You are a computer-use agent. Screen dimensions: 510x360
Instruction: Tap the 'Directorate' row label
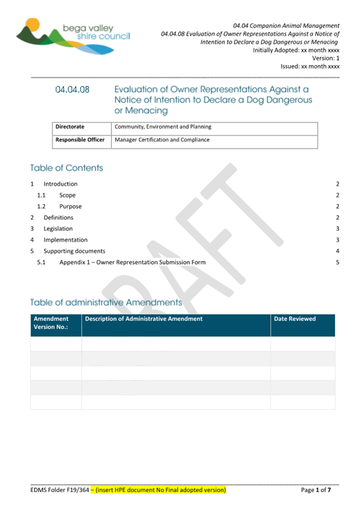click(70, 127)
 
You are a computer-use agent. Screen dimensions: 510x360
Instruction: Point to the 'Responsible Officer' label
click(80, 140)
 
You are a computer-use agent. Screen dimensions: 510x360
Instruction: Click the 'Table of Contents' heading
click(67, 168)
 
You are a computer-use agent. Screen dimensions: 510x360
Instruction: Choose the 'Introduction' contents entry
click(60, 184)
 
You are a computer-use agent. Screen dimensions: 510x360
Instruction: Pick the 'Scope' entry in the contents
click(67, 195)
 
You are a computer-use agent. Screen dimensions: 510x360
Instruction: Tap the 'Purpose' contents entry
click(70, 206)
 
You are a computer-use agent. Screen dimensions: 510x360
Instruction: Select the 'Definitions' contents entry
click(59, 218)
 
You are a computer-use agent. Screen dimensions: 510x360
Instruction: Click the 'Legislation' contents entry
click(58, 229)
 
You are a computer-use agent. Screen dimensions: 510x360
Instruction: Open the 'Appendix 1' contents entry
click(132, 262)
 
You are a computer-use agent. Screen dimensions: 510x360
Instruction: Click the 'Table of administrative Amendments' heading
click(106, 302)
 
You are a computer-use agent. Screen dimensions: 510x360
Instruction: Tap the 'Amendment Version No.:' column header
click(51, 323)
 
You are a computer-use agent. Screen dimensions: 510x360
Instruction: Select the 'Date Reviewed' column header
click(294, 319)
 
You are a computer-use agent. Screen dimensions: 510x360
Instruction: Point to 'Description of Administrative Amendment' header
click(143, 319)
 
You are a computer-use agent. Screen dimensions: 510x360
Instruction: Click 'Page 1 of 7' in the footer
click(319, 490)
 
